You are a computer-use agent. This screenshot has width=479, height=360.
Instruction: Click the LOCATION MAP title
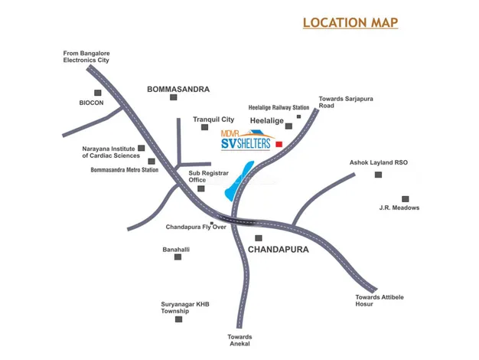(350, 22)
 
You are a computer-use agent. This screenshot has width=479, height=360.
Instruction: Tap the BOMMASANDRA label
(178, 90)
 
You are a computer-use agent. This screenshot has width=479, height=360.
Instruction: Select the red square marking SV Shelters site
(279, 144)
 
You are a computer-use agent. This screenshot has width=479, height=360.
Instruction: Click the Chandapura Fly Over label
(196, 227)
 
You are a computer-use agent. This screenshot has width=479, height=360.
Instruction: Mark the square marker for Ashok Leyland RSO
(378, 175)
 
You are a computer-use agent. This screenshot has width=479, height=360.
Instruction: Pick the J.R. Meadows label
(399, 208)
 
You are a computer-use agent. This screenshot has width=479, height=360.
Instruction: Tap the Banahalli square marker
(178, 257)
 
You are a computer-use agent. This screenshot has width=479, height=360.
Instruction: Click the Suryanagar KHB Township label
(184, 308)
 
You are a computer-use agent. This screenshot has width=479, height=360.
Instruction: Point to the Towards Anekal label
(239, 341)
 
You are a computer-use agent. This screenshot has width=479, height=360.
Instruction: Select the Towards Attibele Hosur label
(375, 300)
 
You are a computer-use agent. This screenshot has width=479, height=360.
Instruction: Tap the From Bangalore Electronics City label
(86, 56)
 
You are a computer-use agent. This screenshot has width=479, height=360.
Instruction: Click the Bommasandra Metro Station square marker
(152, 161)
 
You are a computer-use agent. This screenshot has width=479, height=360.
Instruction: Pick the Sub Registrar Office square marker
(200, 188)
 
